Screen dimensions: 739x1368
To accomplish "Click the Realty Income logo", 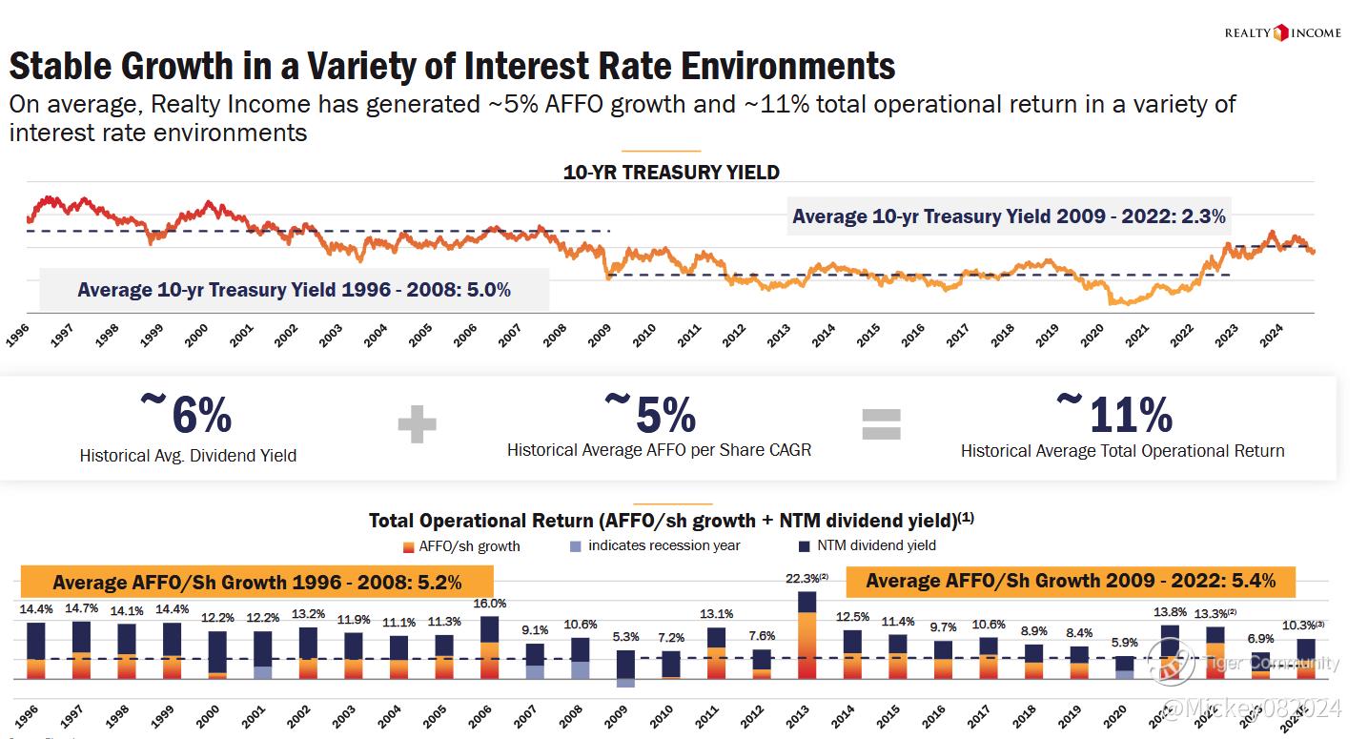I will pos(1282,33).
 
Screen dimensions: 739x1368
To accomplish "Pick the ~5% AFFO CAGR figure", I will pos(651,413).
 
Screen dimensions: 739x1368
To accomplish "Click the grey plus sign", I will pos(417,424).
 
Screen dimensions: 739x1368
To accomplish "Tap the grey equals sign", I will pos(881,424).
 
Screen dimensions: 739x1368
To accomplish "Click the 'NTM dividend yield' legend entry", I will pos(868,546).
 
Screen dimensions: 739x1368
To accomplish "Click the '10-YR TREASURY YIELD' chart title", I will pos(671,173).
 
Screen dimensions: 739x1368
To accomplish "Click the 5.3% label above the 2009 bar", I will pos(625,637).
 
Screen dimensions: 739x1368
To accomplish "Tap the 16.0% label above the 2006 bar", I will pos(489,604).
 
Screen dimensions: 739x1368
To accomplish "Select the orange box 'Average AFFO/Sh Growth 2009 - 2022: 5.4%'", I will pos(1070,581).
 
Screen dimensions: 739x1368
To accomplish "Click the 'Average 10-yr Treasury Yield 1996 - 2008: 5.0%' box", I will pos(294,290).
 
